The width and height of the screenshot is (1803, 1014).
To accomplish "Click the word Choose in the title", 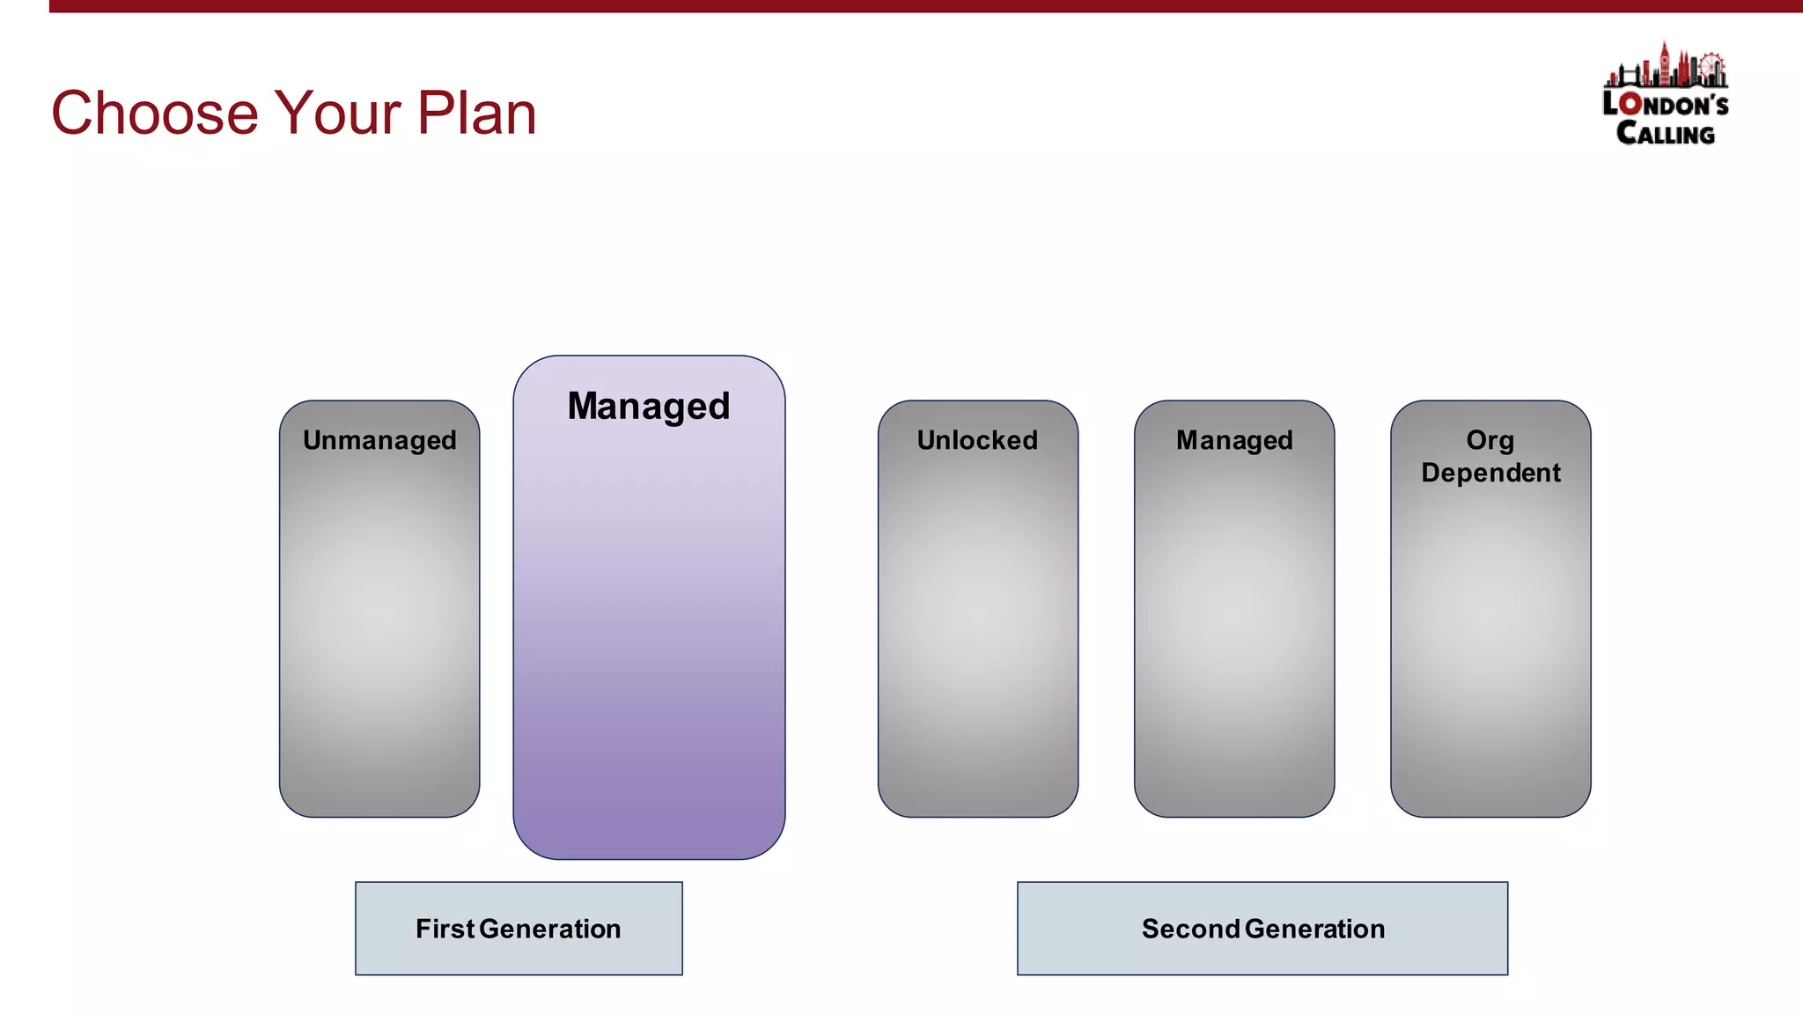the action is pos(155,114).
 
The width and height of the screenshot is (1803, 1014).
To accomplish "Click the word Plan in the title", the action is pos(476,114).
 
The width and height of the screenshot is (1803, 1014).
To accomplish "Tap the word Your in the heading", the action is pos(338,114).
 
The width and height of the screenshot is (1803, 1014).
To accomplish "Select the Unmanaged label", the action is pos(379,440).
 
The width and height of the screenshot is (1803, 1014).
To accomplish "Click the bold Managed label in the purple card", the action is pos(649,406).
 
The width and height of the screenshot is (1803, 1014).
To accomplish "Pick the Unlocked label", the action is pos(977,440).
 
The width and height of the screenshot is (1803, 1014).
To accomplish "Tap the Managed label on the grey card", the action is pos(1234,440).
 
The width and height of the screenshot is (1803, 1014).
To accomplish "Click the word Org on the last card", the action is pos(1490,439).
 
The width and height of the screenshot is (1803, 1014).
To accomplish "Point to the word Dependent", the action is pos(1490,473).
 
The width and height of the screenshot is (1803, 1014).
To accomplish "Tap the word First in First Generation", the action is pos(445,929).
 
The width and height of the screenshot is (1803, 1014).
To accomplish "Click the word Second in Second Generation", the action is pos(1190,929).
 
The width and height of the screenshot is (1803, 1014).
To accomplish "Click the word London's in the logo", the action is pos(1665,104).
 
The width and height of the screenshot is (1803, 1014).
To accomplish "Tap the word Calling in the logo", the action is pos(1665,134).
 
